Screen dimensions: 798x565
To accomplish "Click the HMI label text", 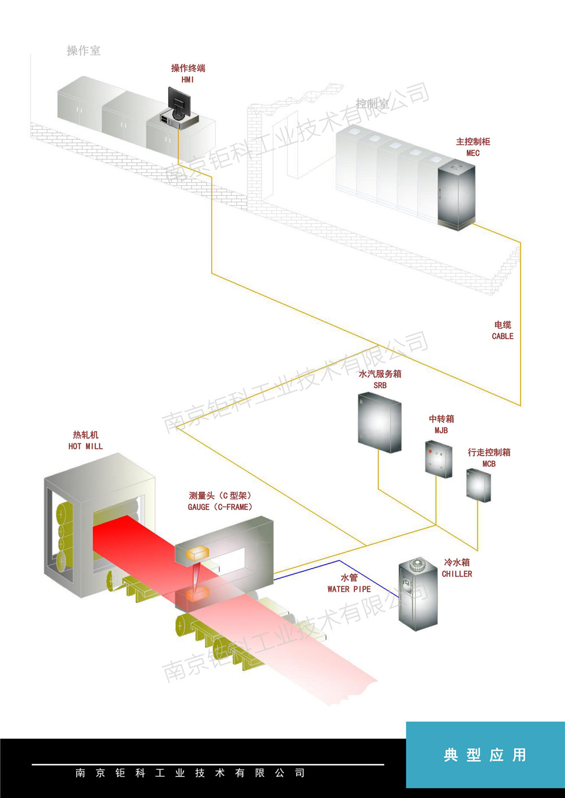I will [x=188, y=80].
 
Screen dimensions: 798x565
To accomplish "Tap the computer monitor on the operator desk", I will [x=179, y=102].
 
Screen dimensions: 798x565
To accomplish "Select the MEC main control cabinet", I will [x=457, y=194].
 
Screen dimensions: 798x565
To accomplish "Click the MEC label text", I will [x=473, y=153].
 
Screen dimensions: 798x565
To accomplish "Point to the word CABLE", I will [x=502, y=336].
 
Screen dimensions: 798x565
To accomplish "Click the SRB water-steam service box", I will [x=380, y=422].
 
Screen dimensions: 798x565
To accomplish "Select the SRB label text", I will [x=380, y=385].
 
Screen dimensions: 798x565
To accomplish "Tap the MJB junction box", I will [x=438, y=459].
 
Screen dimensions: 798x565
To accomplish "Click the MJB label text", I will [x=441, y=430].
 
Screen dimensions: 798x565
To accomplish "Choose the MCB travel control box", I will [x=478, y=485].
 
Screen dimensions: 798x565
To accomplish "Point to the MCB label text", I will [x=489, y=464].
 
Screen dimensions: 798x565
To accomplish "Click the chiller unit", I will [x=418, y=594].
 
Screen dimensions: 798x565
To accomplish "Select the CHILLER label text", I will [x=457, y=574].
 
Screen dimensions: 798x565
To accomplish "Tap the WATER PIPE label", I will [x=349, y=589].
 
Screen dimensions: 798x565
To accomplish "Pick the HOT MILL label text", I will [x=85, y=446].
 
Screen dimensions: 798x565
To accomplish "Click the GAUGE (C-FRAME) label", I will [x=220, y=507].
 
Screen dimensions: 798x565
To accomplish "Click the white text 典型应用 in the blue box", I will [x=485, y=755].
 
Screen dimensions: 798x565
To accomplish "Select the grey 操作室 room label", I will [x=84, y=50].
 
